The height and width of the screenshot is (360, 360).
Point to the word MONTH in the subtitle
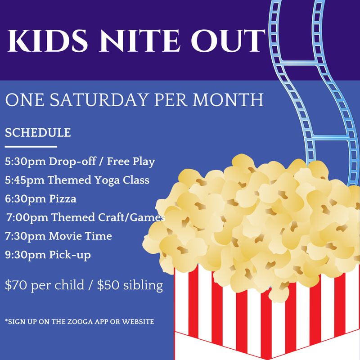(228, 100)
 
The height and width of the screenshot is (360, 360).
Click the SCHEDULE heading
(38, 133)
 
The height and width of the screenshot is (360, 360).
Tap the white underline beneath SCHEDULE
(31, 147)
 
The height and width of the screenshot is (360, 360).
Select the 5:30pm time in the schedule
(25, 162)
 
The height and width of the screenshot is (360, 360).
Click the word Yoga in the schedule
(107, 180)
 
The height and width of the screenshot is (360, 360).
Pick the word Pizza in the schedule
(63, 199)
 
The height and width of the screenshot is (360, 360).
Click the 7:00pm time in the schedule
(27, 217)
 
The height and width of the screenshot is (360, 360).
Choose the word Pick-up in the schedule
(70, 255)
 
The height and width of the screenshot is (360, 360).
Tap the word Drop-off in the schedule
(72, 162)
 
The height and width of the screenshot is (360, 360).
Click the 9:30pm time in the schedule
(25, 255)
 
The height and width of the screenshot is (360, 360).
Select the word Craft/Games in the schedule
(131, 217)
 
